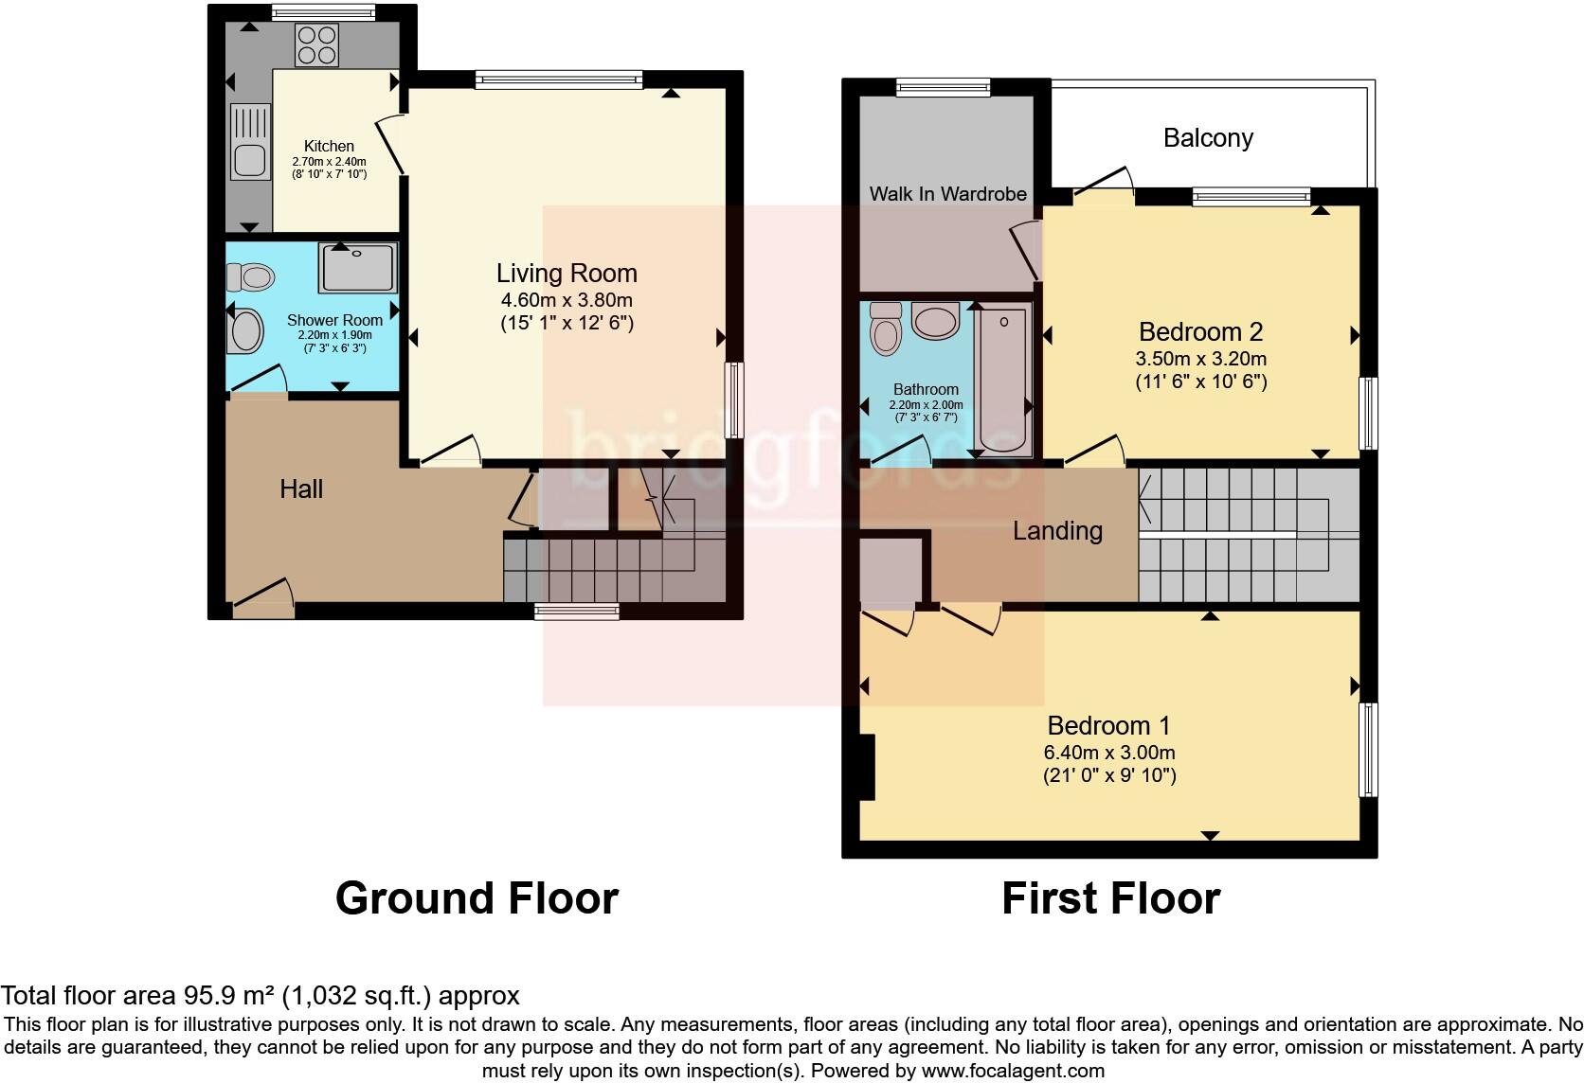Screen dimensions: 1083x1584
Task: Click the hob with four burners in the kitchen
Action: tap(317, 44)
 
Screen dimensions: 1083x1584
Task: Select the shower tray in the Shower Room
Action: tap(357, 267)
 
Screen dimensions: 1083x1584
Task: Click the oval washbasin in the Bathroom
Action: tap(935, 321)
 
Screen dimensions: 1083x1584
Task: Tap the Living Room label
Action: tap(567, 274)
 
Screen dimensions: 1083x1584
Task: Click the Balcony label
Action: tap(1208, 138)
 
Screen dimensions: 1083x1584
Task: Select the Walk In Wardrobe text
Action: tap(947, 194)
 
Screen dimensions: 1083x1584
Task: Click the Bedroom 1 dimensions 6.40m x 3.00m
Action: tap(1110, 753)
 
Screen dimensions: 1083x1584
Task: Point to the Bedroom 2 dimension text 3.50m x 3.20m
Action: tap(1200, 359)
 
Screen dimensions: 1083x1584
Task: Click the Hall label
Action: tap(301, 489)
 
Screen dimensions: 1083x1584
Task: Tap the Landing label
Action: tap(1057, 531)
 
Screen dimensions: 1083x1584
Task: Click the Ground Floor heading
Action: tap(477, 897)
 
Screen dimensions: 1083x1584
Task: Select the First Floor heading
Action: tap(1110, 897)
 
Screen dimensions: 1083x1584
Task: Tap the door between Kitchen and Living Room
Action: tap(391, 146)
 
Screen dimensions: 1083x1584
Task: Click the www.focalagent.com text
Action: tap(1012, 1072)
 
